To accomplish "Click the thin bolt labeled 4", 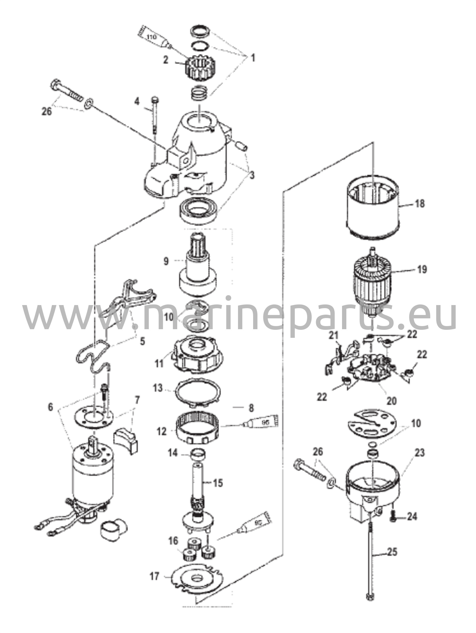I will [155, 119].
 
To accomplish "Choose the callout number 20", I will [391, 401].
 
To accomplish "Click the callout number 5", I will [142, 341].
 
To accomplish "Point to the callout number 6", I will [50, 407].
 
